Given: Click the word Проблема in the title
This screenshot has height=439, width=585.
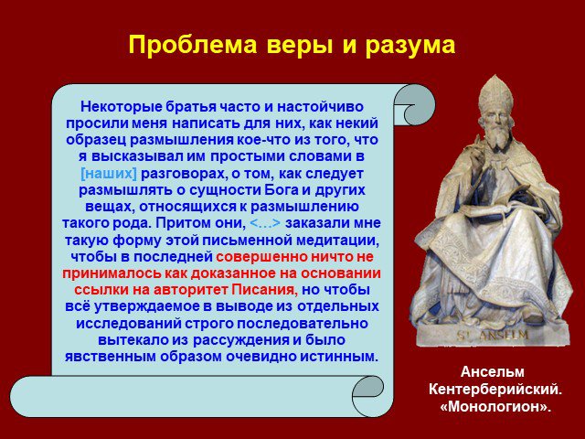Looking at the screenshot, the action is (193, 45).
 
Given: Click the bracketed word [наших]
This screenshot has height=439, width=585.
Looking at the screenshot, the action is (109, 174).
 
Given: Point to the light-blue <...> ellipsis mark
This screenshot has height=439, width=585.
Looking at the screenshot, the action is (264, 223).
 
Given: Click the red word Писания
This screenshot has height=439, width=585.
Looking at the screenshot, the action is (264, 290).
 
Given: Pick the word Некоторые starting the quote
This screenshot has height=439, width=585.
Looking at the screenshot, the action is (122, 107).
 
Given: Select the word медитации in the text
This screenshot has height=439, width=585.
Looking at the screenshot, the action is (337, 241).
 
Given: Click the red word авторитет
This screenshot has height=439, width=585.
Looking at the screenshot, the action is (191, 290).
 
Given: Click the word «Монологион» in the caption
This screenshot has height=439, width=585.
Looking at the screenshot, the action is (495, 406).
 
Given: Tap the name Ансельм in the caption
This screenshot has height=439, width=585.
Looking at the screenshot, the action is (493, 372).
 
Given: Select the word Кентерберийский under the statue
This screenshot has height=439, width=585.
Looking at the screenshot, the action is (495, 389).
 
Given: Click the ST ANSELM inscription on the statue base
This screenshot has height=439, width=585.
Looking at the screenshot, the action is (493, 334).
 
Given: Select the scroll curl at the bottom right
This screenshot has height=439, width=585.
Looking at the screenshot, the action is (368, 396).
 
